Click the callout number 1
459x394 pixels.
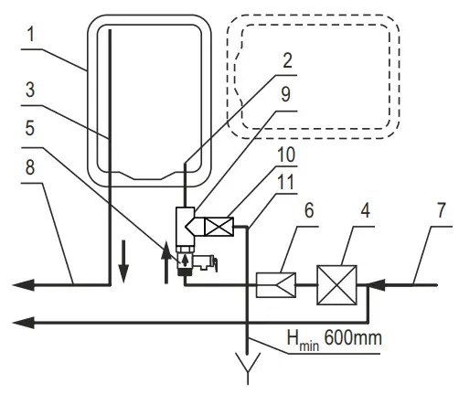pyautogui.click(x=31, y=34)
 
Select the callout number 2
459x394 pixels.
pyautogui.click(x=287, y=60)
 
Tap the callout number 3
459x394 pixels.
pyautogui.click(x=30, y=91)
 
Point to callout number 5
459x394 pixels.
pyautogui.click(x=30, y=128)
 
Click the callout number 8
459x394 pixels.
pyautogui.click(x=30, y=167)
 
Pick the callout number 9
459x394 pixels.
pyautogui.click(x=285, y=94)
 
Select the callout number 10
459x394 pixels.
pyautogui.click(x=286, y=154)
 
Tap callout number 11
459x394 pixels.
pyautogui.click(x=285, y=182)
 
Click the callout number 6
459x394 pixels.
pyautogui.click(x=309, y=210)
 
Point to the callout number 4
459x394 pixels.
pyautogui.click(x=365, y=210)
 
